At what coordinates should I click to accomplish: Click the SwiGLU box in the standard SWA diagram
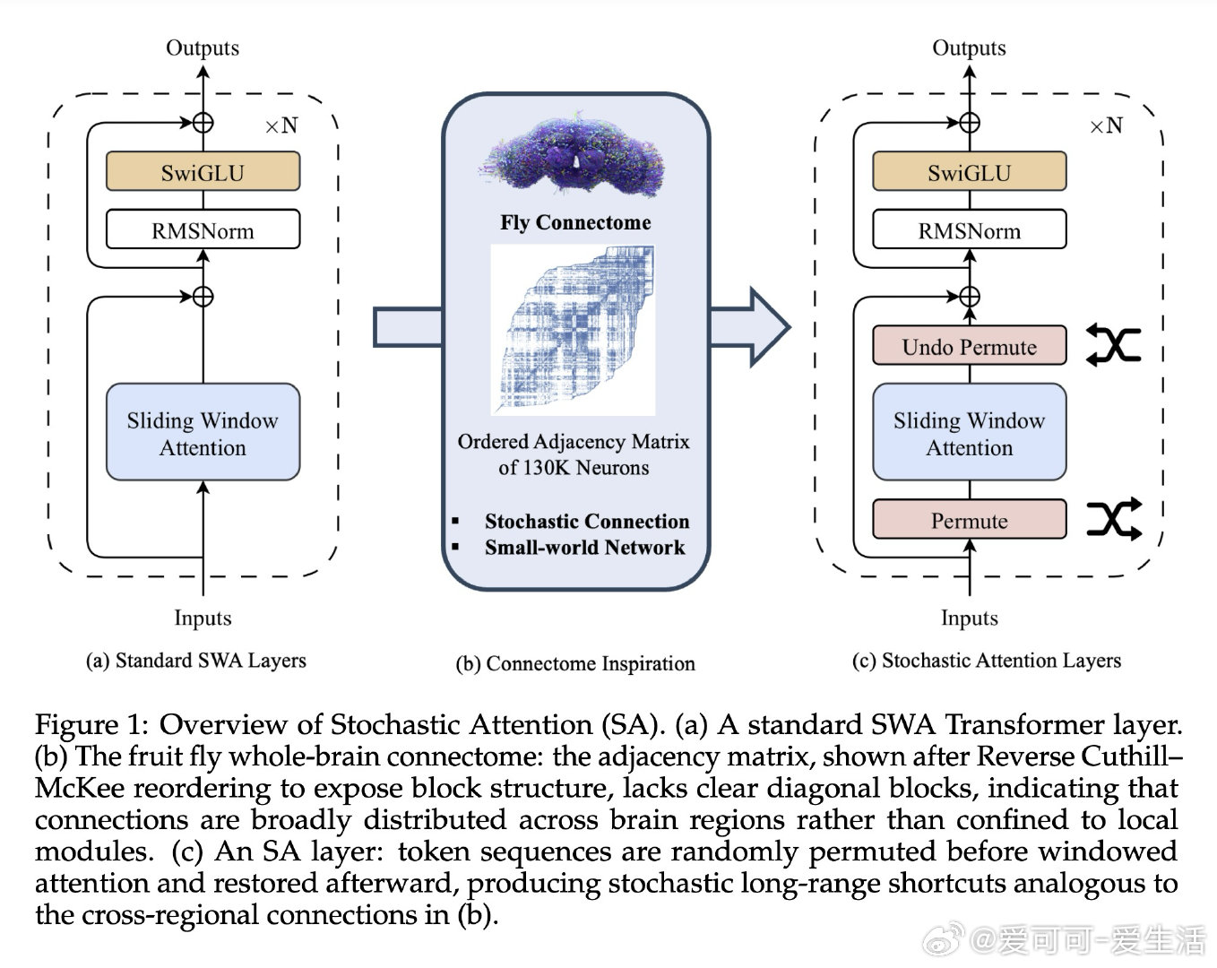[x=203, y=172]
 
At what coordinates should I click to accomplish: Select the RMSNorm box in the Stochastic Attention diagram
[x=969, y=230]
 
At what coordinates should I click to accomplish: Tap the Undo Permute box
[x=969, y=347]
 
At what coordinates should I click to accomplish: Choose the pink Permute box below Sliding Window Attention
[x=969, y=520]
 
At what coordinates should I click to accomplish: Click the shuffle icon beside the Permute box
[x=1114, y=519]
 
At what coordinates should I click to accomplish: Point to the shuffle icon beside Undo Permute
[x=1113, y=345]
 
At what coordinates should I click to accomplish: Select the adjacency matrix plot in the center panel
[x=574, y=330]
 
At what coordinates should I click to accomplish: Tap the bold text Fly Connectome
[x=575, y=222]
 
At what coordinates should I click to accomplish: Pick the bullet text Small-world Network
[x=584, y=547]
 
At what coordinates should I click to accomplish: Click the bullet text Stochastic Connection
[x=587, y=521]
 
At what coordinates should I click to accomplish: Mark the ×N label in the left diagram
[x=281, y=126]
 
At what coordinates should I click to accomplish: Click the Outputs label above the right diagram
[x=969, y=48]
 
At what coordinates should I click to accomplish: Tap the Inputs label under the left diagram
[x=203, y=618]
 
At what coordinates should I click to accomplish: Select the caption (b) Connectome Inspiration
[x=575, y=663]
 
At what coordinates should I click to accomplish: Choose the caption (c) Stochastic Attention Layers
[x=986, y=661]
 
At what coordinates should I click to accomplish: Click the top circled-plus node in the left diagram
[x=203, y=122]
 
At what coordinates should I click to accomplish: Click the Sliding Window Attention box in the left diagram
[x=203, y=433]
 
